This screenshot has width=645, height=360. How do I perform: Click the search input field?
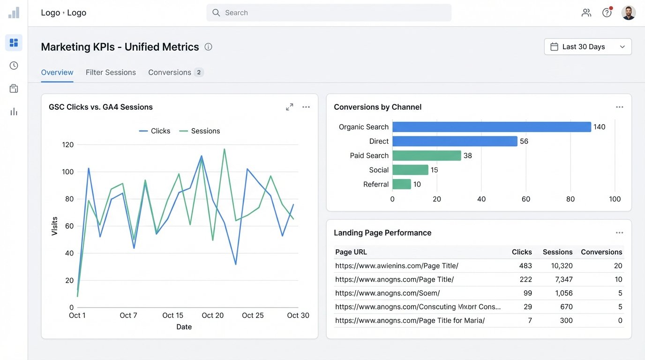328,13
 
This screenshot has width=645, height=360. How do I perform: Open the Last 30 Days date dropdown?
587,47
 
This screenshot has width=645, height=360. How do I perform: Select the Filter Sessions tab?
111,72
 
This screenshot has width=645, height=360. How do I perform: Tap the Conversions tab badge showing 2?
199,72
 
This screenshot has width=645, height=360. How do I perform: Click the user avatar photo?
628,13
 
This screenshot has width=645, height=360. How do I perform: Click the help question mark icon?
607,13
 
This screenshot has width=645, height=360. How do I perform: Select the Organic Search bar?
491,127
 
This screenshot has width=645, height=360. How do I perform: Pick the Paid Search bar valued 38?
427,156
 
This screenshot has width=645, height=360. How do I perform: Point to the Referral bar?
401,184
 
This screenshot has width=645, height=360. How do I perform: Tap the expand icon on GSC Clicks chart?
290,107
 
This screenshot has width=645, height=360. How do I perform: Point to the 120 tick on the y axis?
68,145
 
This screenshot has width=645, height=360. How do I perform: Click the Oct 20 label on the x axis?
212,315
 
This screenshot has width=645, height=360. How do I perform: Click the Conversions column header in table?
601,252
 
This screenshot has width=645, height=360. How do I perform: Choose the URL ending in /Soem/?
387,293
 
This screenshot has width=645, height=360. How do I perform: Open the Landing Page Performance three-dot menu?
619,233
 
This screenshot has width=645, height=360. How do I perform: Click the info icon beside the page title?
209,47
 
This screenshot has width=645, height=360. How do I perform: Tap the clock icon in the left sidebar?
14,66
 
